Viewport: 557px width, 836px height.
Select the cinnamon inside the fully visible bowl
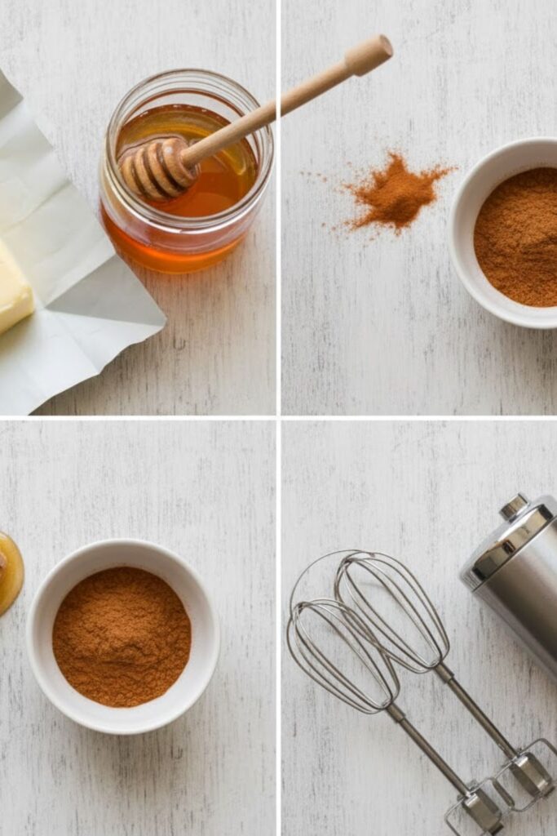coord(122,637)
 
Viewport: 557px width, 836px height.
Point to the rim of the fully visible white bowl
coord(122,549)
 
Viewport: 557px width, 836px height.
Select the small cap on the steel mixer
coord(515,506)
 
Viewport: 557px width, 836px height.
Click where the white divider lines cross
coord(279,417)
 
